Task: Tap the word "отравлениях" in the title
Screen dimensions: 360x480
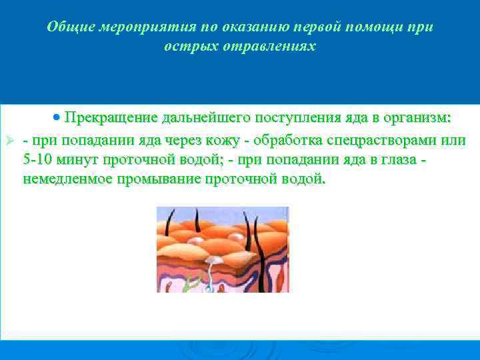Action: point(274,47)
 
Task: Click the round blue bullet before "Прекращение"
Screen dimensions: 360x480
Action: point(57,117)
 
